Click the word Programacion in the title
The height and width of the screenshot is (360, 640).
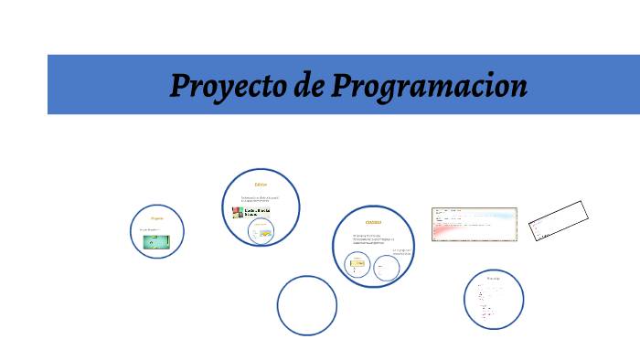point(429,87)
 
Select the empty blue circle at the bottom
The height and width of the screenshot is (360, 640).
point(307,305)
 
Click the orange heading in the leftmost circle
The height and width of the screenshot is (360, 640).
point(156,219)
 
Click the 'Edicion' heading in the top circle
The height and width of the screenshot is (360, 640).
point(261,185)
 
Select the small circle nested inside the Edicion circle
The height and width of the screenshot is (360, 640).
point(261,231)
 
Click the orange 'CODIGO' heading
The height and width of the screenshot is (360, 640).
point(373,222)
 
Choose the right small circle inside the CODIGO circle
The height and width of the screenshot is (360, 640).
point(387,268)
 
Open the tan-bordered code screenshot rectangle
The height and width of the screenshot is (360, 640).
point(474,225)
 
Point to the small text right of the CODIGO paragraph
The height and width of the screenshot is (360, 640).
point(403,252)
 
